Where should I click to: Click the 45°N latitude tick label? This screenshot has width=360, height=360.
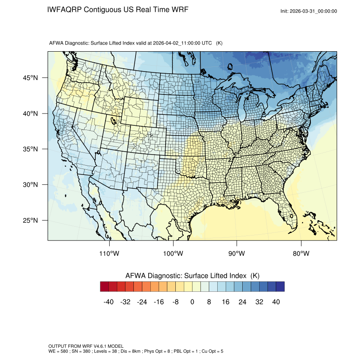pyautogui.click(x=30, y=78)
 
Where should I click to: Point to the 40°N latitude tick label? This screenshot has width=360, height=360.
pyautogui.click(x=30, y=114)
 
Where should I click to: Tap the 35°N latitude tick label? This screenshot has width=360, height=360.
pyautogui.click(x=30, y=149)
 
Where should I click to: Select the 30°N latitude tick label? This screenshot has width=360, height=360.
pyautogui.click(x=30, y=185)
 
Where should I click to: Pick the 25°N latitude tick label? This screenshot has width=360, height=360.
pyautogui.click(x=30, y=220)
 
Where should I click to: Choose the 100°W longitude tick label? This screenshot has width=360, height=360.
pyautogui.click(x=173, y=254)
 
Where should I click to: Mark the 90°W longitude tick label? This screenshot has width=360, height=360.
pyautogui.click(x=237, y=254)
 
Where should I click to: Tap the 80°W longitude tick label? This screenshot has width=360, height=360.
pyautogui.click(x=301, y=254)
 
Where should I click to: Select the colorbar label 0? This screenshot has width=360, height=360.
pyautogui.click(x=192, y=302)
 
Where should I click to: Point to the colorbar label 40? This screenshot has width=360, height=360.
pyautogui.click(x=276, y=302)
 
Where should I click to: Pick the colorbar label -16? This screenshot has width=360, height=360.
pyautogui.click(x=159, y=302)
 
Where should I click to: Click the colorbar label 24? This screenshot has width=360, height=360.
pyautogui.click(x=242, y=302)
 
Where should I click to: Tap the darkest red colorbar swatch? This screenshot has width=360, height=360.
pyautogui.click(x=105, y=287)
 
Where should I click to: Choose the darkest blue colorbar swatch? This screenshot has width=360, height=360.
pyautogui.click(x=280, y=287)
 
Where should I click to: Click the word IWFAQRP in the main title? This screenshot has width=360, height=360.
pyautogui.click(x=65, y=10)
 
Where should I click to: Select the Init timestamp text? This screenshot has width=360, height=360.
pyautogui.click(x=309, y=11)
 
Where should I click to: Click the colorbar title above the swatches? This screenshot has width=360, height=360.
pyautogui.click(x=192, y=276)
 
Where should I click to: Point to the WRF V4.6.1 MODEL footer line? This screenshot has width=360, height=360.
pyautogui.click(x=86, y=346)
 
